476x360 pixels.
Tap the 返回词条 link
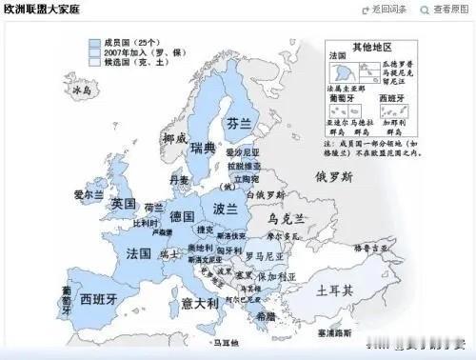[392, 10]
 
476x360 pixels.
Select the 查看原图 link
[450, 10]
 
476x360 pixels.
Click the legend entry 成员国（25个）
[132, 43]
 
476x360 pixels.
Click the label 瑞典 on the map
[203, 149]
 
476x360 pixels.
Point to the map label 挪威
[175, 139]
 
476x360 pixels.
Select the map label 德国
[182, 216]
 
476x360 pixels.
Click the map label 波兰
[226, 209]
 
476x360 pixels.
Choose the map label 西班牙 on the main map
[98, 299]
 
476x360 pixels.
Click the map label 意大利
[200, 303]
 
